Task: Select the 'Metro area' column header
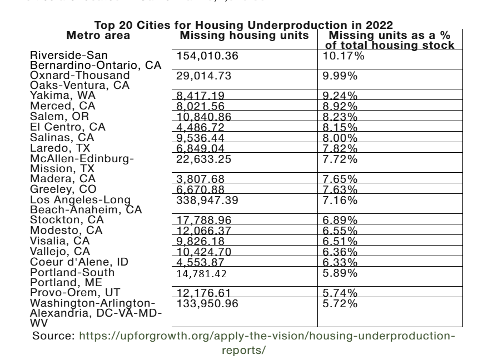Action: pos(98,36)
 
